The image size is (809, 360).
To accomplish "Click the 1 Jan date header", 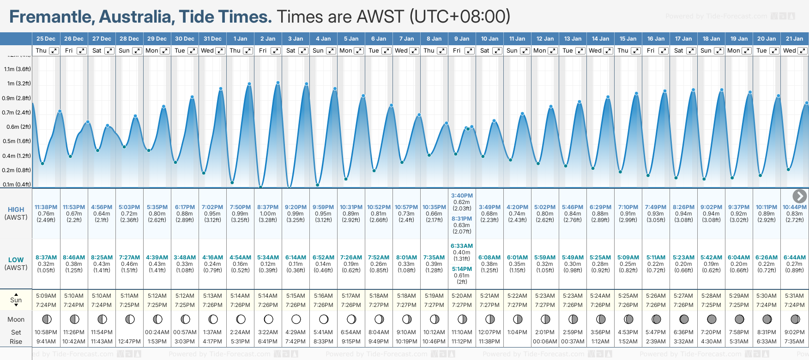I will (240, 39).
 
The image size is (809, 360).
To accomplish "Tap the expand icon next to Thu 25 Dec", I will (54, 51).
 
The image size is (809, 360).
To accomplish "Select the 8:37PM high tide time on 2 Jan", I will (268, 207).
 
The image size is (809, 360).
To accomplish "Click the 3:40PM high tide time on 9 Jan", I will (462, 196).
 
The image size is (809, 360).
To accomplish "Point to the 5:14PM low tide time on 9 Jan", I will (462, 269).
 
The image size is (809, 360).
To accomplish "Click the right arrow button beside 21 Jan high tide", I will (799, 196).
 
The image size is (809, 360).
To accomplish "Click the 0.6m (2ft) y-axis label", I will (19, 127).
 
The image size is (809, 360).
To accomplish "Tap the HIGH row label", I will (16, 210).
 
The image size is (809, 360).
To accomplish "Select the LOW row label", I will (16, 260).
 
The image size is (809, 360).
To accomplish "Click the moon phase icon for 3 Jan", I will (296, 319).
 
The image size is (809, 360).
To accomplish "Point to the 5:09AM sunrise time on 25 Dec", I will (46, 296).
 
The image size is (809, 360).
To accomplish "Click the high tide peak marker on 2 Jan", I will (278, 83).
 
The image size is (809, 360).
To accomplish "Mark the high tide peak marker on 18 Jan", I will (722, 90).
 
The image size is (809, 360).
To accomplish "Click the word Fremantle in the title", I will (51, 17).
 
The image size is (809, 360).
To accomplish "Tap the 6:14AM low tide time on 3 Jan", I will (296, 258).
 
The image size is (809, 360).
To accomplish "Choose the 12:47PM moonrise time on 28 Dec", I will (129, 342).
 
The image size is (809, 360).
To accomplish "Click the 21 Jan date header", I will (794, 39).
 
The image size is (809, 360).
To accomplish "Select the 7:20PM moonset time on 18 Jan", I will (711, 332).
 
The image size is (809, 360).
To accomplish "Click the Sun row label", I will (16, 300).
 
